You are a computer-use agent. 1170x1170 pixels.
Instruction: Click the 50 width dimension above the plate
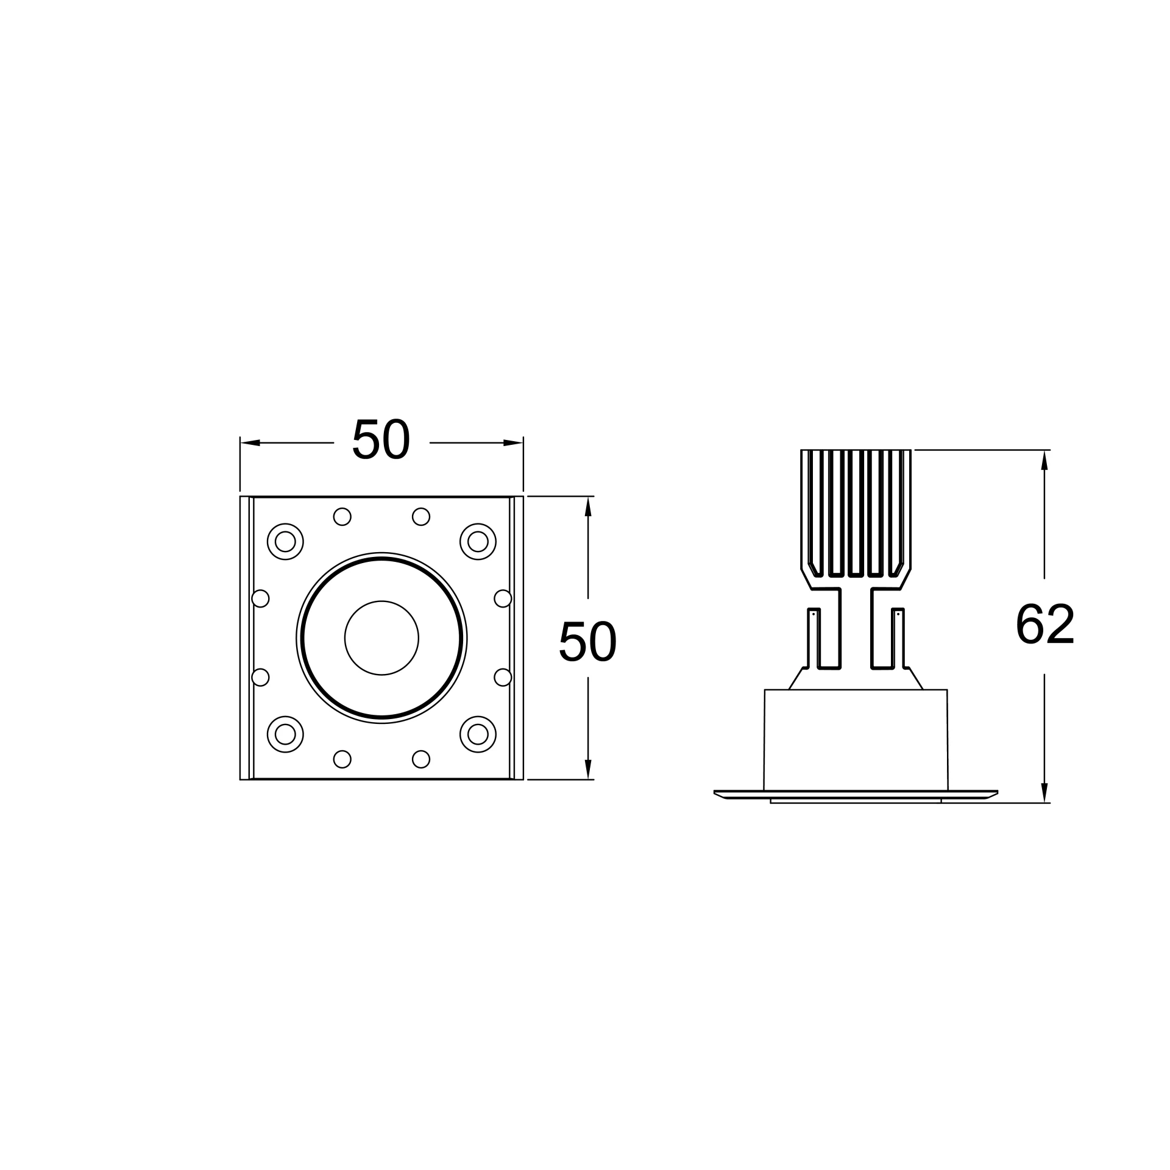coord(381,438)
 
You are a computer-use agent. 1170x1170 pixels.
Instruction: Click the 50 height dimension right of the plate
coord(587,640)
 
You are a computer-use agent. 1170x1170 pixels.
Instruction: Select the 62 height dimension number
coord(1044,623)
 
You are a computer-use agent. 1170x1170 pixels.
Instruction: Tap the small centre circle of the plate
coord(381,638)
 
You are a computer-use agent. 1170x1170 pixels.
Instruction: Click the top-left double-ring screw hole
coord(285,541)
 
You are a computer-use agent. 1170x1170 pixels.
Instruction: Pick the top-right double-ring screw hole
coord(478,541)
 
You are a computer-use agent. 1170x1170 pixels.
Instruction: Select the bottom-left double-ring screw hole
coord(285,734)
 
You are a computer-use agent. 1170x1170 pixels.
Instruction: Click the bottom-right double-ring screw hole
coord(478,734)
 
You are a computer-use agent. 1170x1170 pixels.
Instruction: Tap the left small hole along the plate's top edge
coord(342,517)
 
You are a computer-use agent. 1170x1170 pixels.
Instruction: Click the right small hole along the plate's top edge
coord(421,517)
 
